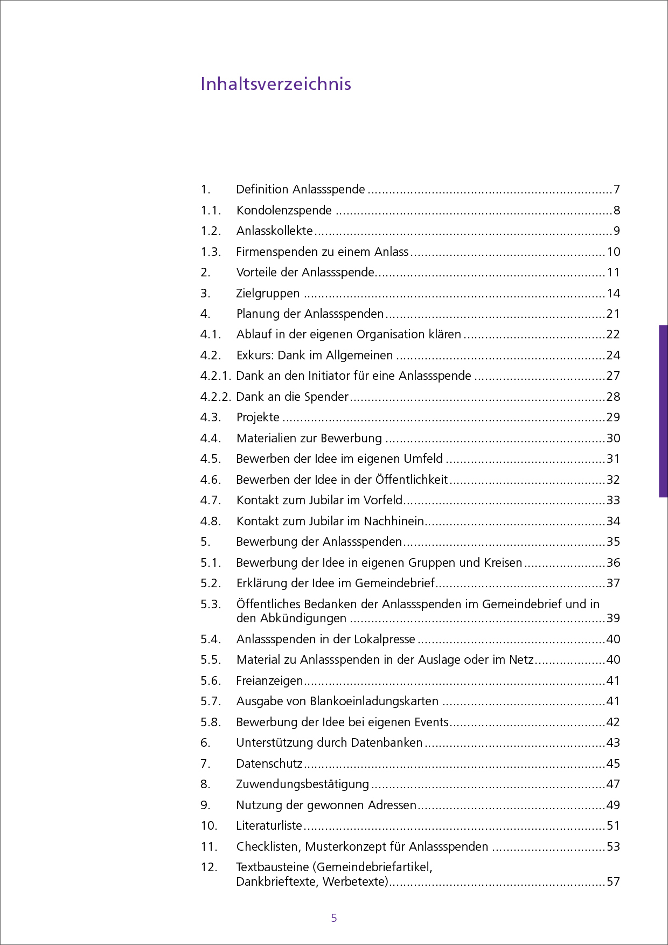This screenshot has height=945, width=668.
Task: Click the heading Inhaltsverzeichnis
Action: click(276, 84)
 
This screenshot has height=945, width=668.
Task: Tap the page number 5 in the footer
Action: click(334, 918)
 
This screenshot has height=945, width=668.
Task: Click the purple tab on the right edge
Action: click(663, 411)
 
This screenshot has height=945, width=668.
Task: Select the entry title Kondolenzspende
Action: click(284, 210)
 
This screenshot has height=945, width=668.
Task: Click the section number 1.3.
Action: click(211, 252)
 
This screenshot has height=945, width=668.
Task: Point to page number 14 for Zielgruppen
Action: click(613, 293)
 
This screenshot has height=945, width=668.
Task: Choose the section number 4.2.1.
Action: click(215, 376)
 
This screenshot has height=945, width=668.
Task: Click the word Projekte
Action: click(258, 417)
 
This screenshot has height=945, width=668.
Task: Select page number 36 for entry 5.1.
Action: click(613, 562)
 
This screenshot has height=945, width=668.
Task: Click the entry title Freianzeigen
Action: click(269, 680)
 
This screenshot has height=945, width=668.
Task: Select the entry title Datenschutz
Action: click(269, 763)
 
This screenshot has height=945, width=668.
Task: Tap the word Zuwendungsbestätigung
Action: click(302, 784)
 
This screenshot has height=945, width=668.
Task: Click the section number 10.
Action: click(208, 825)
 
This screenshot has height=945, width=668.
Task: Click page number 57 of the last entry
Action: click(613, 881)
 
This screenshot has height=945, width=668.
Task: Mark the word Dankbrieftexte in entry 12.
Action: click(274, 881)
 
